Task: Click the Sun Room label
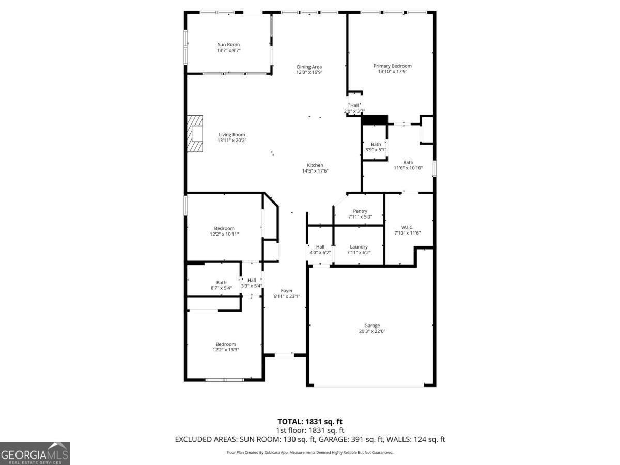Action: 228,45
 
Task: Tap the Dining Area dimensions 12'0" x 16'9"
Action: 309,73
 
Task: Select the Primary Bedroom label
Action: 393,66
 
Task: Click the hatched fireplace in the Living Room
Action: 195,133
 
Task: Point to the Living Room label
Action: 231,135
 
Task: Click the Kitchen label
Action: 315,165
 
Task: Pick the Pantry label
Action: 360,211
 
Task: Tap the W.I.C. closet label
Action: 408,227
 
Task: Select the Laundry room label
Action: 359,247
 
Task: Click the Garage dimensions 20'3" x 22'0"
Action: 372,331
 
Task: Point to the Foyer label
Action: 287,291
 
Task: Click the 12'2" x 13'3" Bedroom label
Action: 226,344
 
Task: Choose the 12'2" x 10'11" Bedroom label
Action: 224,228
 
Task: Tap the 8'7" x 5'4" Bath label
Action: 221,283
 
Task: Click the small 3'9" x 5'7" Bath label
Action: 376,145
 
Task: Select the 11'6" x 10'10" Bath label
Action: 408,163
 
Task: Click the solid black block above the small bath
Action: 375,120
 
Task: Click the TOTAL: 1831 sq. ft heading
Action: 310,422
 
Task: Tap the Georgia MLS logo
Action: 35,453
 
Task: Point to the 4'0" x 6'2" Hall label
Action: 320,247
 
